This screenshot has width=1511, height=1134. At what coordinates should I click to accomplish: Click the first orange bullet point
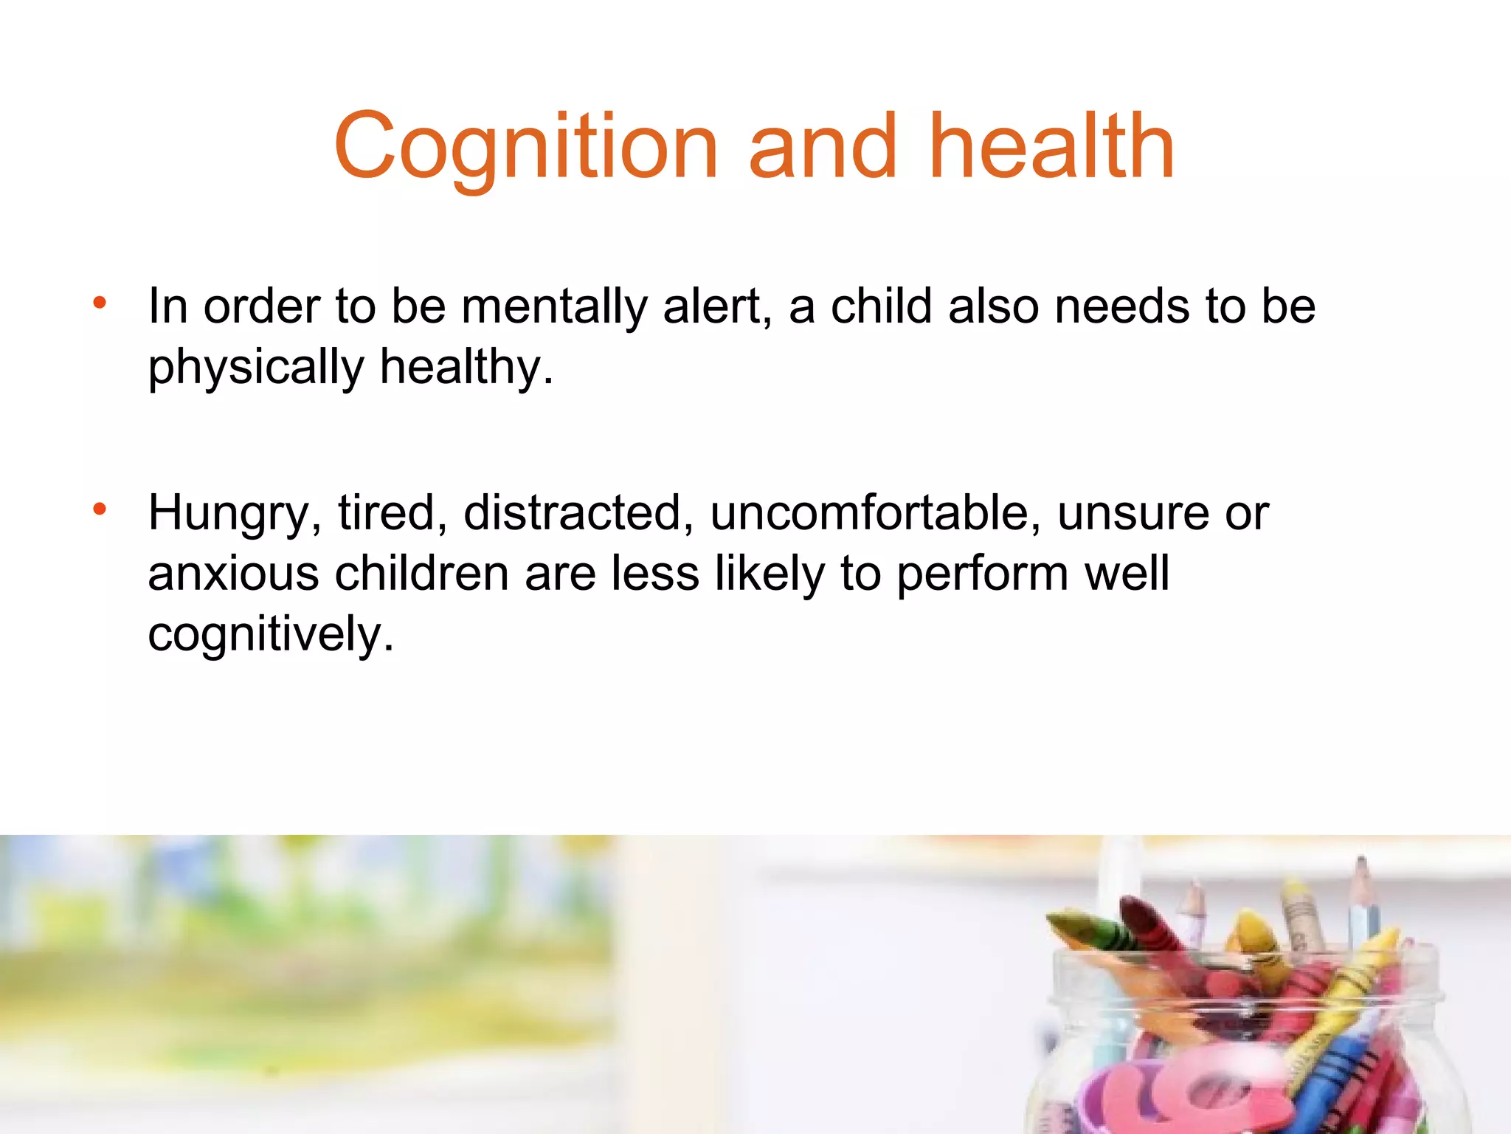coord(100,303)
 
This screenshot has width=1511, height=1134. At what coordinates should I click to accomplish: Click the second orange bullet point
coord(100,509)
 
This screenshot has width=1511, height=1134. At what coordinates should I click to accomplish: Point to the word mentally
coord(554,307)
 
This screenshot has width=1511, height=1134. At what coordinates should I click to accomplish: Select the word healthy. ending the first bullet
coord(466,368)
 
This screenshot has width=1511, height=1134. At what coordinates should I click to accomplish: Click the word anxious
coord(233,574)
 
